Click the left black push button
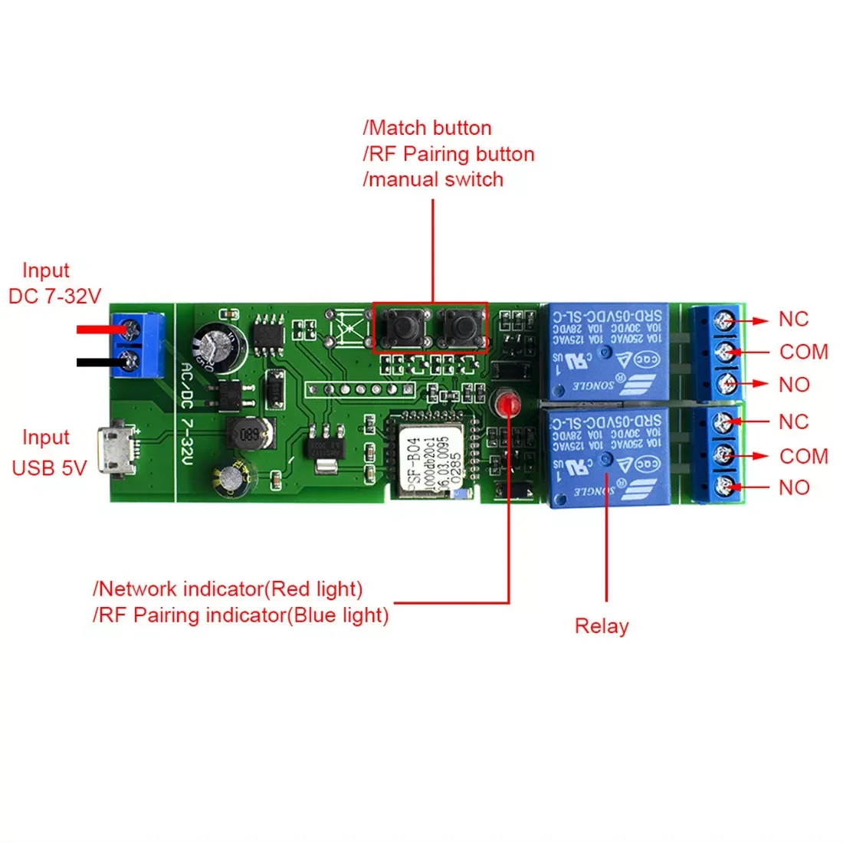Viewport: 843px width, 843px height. click(x=401, y=328)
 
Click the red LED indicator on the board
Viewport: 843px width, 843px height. click(x=505, y=404)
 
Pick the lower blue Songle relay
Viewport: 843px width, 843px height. click(x=607, y=457)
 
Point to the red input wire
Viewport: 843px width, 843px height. click(x=100, y=330)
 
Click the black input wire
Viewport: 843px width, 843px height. click(x=100, y=362)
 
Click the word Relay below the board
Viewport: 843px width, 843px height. click(x=602, y=626)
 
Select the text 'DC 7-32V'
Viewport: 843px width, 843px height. click(x=54, y=297)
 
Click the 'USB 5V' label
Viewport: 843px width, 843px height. click(x=49, y=467)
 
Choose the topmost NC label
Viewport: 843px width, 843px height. click(x=793, y=320)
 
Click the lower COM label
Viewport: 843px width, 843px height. click(x=803, y=456)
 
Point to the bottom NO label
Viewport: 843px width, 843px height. click(x=794, y=487)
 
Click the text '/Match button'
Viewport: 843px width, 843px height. click(x=427, y=128)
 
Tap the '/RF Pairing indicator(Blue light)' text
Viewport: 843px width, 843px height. click(x=241, y=615)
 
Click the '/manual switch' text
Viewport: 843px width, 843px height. click(x=433, y=179)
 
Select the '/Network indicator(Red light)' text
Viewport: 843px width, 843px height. click(x=228, y=589)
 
